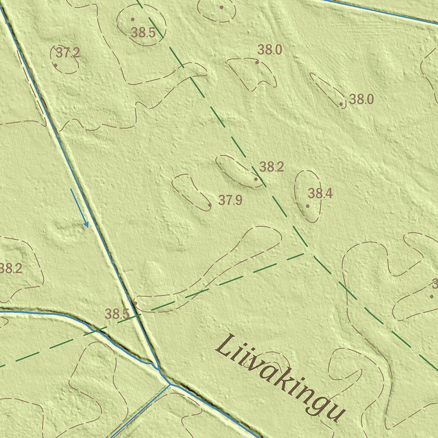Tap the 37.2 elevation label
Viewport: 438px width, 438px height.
[x=68, y=53]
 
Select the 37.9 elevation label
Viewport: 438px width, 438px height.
[x=230, y=200]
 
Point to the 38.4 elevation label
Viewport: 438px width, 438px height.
[x=320, y=194]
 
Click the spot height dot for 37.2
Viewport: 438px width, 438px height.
[x=56, y=65]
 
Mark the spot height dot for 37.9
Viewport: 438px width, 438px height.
[x=210, y=205]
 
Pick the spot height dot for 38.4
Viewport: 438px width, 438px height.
[x=308, y=206]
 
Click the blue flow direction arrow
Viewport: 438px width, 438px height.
[x=80, y=208]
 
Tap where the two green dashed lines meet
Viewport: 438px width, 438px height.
[x=305, y=252]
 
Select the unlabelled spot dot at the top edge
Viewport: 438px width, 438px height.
[x=222, y=7]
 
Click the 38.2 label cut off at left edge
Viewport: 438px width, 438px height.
[x=11, y=269]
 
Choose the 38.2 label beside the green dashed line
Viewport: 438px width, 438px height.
[x=271, y=167]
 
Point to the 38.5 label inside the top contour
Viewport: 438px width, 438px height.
[x=143, y=33]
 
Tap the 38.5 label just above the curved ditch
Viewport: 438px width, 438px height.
[x=117, y=314]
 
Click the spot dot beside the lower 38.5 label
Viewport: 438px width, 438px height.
[x=136, y=303]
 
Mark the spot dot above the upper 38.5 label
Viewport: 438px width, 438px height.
[x=133, y=19]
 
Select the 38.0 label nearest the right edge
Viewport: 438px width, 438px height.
[x=361, y=100]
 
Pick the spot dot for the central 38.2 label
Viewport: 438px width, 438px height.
[x=256, y=179]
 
